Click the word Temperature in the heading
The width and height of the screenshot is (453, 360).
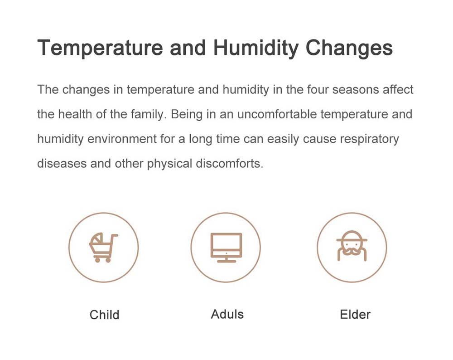100,48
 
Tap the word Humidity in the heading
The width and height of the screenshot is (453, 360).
256,48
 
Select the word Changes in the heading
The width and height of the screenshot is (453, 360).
349,48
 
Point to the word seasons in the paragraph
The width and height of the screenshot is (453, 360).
356,90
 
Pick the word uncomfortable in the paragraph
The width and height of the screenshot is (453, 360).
277,114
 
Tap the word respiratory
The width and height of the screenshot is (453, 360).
369,139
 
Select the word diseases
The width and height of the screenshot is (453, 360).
62,164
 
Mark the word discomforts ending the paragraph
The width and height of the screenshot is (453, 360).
229,164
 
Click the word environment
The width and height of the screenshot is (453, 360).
122,139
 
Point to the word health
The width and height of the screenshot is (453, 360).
75,114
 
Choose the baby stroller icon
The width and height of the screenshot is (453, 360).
103,248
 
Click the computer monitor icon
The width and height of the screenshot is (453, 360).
226,248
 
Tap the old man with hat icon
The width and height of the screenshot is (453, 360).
352,246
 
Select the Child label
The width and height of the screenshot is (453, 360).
104,315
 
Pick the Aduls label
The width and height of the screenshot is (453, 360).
227,314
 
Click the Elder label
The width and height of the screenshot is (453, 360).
355,315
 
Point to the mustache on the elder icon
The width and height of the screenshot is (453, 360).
352,252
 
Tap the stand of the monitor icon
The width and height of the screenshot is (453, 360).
226,260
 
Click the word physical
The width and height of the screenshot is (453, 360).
169,164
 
